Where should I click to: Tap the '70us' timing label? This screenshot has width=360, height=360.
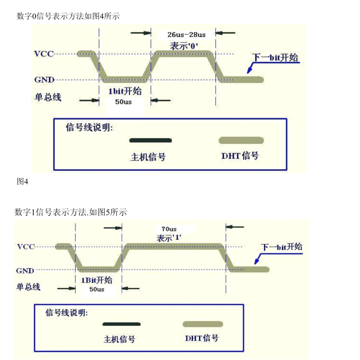(169, 229)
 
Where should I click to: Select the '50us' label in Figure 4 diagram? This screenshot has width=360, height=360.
(124, 102)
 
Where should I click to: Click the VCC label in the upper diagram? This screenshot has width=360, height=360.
(44, 54)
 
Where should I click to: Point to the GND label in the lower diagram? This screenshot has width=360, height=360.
(25, 271)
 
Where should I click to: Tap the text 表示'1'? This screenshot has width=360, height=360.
(169, 238)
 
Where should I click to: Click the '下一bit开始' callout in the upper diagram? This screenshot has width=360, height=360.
(275, 58)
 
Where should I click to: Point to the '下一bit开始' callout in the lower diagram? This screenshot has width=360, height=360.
(281, 247)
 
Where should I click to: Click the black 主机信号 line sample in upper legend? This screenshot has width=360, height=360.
(150, 140)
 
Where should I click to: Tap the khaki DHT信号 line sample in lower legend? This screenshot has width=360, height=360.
(202, 324)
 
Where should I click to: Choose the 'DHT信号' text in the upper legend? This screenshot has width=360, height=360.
(240, 156)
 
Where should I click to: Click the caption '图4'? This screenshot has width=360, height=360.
(22, 182)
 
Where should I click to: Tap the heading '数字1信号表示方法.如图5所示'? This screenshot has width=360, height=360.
(71, 212)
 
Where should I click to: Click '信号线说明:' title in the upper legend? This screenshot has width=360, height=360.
(90, 127)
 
